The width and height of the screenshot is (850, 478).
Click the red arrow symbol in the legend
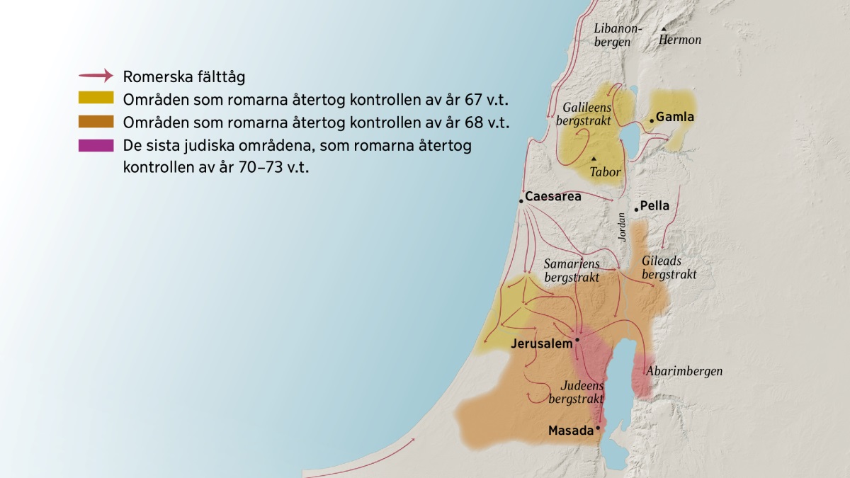(95, 75)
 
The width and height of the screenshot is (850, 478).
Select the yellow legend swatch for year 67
(96, 98)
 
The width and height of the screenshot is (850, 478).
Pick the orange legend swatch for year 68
(96, 122)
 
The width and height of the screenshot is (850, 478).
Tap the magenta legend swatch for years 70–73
(96, 146)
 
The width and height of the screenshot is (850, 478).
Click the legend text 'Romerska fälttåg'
(184, 76)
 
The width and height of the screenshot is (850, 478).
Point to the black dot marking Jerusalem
(577, 340)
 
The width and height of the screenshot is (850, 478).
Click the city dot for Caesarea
(521, 202)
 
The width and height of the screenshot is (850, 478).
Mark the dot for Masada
(598, 428)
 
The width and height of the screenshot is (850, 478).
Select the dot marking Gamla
(652, 120)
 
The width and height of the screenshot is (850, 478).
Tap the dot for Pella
(636, 209)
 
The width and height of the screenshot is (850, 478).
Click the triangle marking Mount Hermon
(664, 29)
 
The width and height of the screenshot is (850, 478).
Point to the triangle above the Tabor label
(594, 158)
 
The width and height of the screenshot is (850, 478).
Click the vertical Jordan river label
(622, 227)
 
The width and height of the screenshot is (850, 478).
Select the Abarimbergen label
(684, 371)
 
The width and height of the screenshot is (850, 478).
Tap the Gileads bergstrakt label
(668, 268)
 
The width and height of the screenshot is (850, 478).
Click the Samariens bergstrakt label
(572, 271)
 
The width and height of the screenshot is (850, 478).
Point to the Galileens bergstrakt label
(587, 114)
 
